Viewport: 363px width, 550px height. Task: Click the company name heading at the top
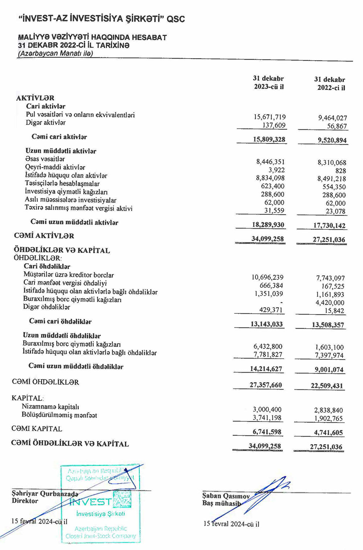102,19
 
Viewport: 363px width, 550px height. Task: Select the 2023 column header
268,83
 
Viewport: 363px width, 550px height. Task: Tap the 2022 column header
330,84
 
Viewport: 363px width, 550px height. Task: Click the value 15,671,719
269,117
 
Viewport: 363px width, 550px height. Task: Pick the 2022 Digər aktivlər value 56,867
337,126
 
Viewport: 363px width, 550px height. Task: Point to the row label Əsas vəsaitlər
45,159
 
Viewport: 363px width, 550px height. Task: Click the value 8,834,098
270,178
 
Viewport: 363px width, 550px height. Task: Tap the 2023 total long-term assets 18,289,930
268,225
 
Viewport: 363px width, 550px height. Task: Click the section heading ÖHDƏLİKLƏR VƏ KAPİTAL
62,250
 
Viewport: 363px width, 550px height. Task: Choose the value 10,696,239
268,277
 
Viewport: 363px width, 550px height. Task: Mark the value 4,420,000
330,302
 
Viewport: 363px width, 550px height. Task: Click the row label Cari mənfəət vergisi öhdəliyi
65,283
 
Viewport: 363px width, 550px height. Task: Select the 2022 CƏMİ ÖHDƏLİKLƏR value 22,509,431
327,386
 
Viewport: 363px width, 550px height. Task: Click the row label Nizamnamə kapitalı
50,407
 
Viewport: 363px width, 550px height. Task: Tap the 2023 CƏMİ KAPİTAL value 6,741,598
267,432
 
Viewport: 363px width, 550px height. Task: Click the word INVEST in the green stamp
90,502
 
